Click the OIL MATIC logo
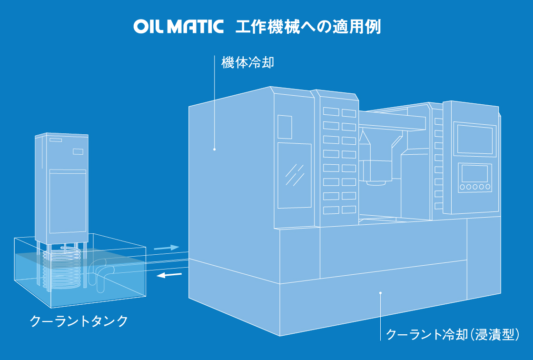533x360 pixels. point(178,26)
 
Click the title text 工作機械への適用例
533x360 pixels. point(308,26)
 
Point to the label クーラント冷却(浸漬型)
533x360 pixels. point(452,334)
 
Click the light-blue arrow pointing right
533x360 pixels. point(166,248)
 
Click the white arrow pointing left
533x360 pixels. point(170,275)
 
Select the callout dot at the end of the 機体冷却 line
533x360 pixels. point(215,150)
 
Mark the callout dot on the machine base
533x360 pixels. point(380,293)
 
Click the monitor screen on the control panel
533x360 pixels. point(474,139)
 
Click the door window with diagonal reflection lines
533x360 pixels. point(294,175)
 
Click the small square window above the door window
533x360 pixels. point(285,127)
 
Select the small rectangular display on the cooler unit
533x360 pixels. point(78,151)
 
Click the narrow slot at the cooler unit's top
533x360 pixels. point(55,140)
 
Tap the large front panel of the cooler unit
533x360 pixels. point(68,202)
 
